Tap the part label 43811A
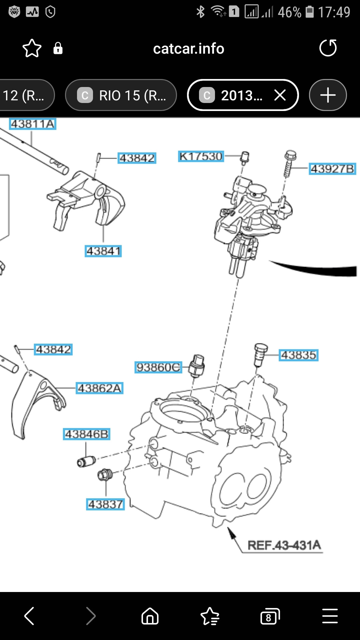point(32,124)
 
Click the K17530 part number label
point(201,156)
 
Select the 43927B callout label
point(332,169)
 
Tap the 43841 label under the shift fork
point(103,251)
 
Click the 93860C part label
point(158,367)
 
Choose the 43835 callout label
point(298,355)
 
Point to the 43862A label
point(99,388)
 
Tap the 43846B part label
point(86,434)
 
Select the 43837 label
point(105,504)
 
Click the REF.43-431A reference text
point(284,545)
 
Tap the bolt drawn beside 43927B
point(289,163)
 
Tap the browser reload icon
point(328,48)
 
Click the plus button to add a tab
point(328,95)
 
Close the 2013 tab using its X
point(280,95)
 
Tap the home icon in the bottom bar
point(150,616)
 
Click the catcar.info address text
point(188,49)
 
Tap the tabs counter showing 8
point(269,616)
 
